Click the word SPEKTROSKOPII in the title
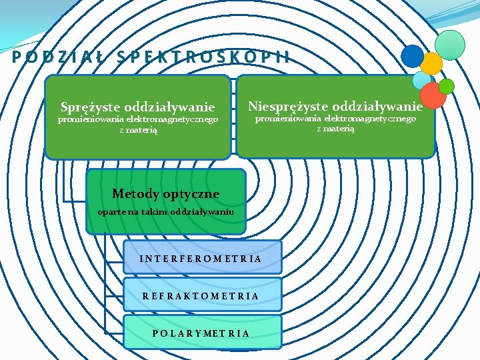(203, 57)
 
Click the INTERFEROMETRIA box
(203, 258)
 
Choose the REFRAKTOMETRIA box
(203, 295)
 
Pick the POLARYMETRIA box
(203, 333)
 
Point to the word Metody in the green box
(135, 194)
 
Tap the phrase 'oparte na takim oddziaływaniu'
(165, 212)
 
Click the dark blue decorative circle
(413, 56)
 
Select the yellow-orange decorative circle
(431, 63)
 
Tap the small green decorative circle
(446, 86)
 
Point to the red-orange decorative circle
(433, 95)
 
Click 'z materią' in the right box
(335, 128)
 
